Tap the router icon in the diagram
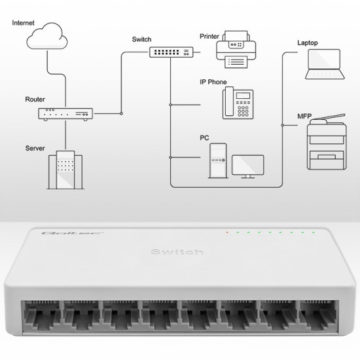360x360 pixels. coord(65,114)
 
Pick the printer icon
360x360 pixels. coord(234,50)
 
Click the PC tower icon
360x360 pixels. coord(218,160)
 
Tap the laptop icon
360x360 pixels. coord(325,63)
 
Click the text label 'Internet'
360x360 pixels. coord(24,23)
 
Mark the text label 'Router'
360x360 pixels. coord(35,99)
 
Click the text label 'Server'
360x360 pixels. coord(35,149)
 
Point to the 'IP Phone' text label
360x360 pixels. coord(213,82)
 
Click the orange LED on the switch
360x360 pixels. coord(226,232)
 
